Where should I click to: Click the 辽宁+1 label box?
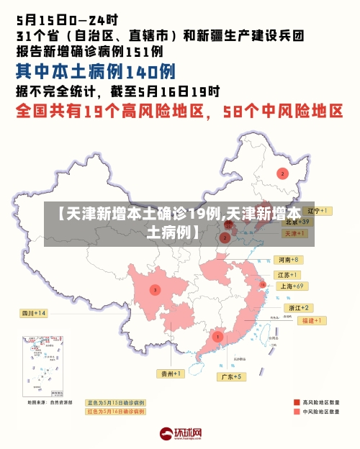316,211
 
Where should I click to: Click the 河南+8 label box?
287,259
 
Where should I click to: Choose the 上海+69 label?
292,286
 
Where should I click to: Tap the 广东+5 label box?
232,376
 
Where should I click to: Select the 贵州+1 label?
171,373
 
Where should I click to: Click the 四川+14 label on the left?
33,313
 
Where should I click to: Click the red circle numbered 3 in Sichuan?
155,289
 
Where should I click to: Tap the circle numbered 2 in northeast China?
282,173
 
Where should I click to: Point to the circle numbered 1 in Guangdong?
217,336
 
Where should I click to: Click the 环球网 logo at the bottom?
180,433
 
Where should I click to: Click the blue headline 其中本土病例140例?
96,72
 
